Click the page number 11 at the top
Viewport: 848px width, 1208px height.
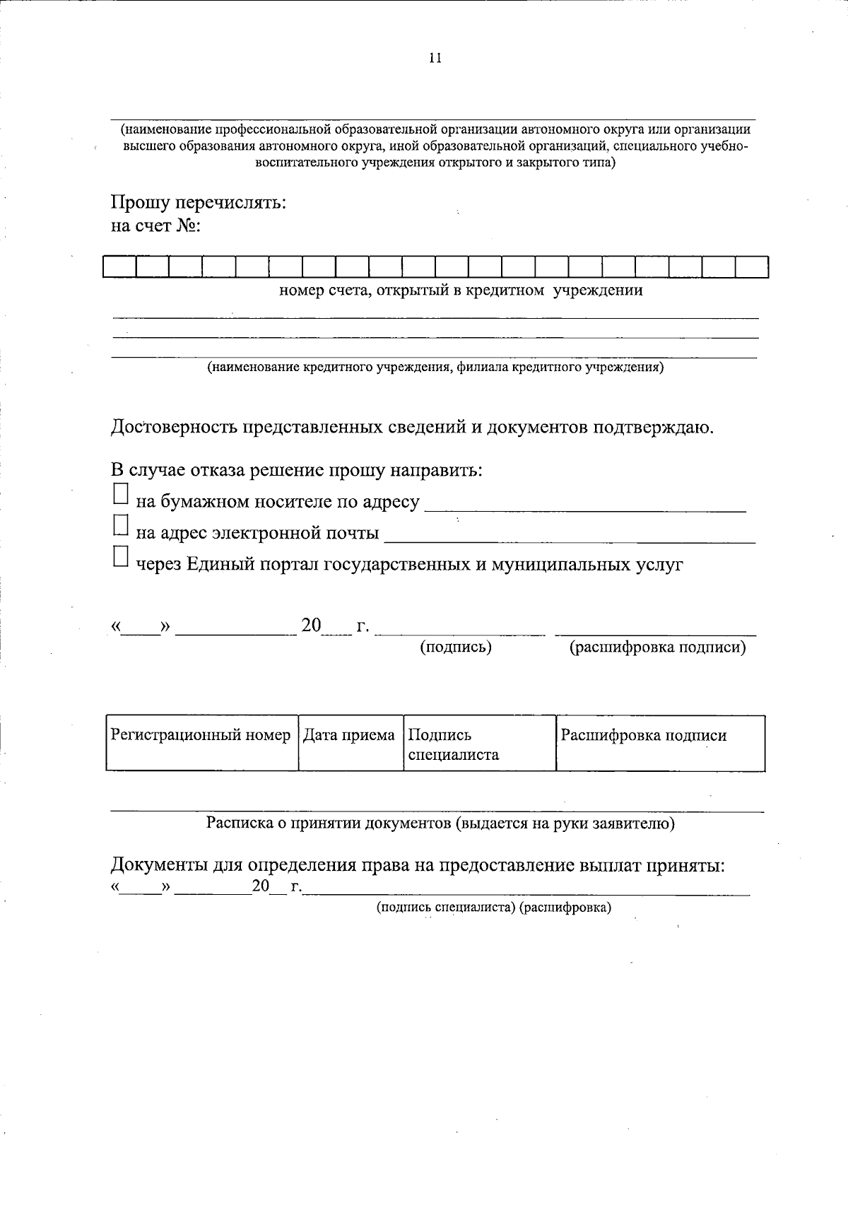tap(435, 59)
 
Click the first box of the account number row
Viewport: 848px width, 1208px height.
tap(119, 267)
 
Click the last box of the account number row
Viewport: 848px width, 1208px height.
tap(751, 267)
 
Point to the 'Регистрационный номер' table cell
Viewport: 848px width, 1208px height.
tap(201, 742)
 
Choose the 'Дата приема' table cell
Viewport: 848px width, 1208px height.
tap(349, 742)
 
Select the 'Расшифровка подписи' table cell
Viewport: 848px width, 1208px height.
tap(659, 742)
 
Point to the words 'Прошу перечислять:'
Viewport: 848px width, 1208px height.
tap(199, 203)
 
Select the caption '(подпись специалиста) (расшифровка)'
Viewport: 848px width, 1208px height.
tap(494, 907)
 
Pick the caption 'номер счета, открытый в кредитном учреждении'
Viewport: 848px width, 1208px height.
tap(461, 290)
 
